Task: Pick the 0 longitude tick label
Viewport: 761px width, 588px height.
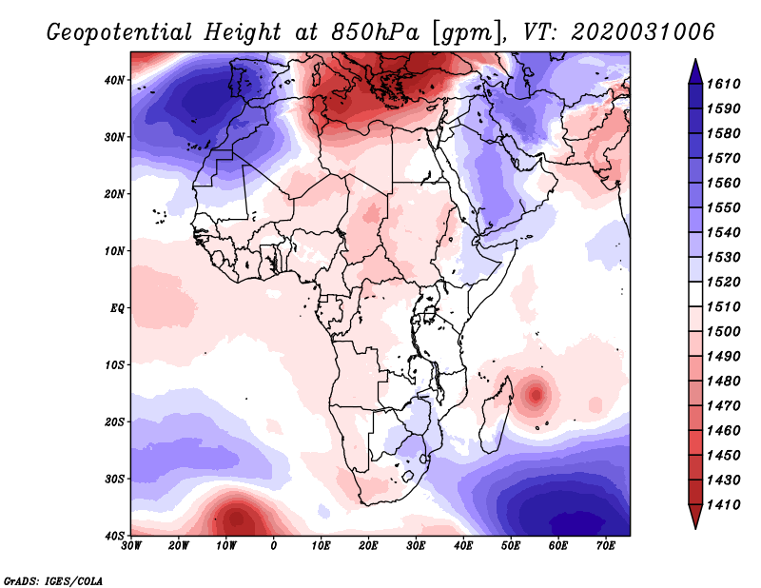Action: pos(274,546)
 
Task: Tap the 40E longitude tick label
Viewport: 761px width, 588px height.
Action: pos(463,546)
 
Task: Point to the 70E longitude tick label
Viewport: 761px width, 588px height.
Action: pos(606,546)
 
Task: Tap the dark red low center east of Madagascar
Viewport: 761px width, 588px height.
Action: pos(537,393)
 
